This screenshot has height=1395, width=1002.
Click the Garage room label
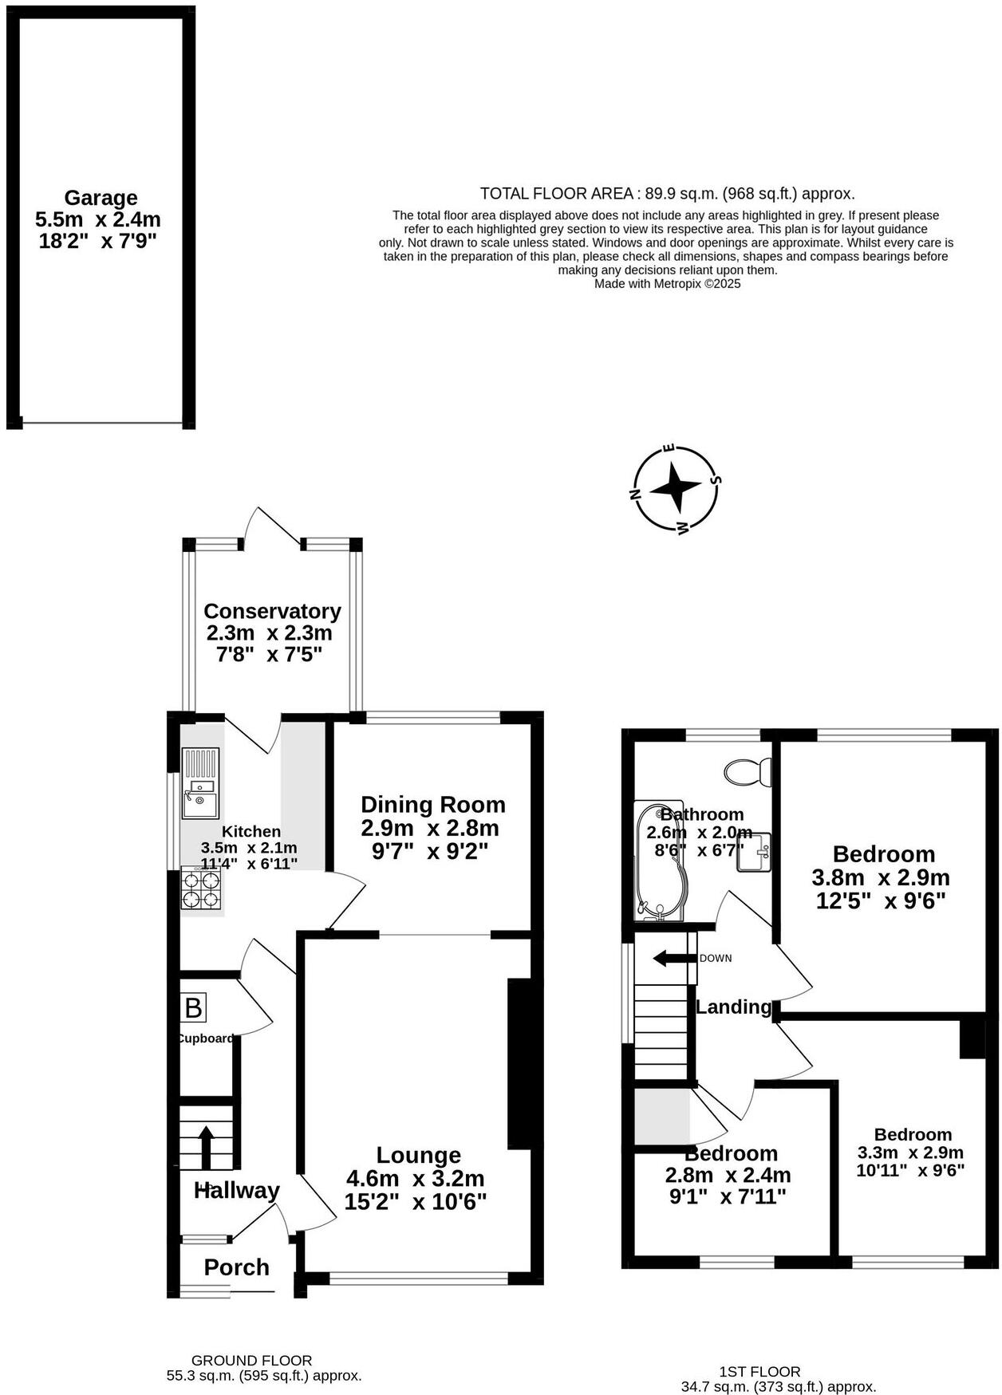(101, 198)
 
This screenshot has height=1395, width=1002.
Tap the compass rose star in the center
(675, 487)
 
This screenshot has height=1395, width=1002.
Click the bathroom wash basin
(754, 853)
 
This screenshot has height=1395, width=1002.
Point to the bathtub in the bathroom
(660, 861)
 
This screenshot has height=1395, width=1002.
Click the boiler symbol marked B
(193, 1008)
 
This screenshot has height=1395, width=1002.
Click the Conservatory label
(272, 611)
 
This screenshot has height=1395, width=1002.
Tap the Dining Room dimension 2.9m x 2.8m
(430, 828)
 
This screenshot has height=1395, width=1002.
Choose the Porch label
(236, 1267)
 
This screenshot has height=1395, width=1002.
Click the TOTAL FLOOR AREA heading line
(667, 193)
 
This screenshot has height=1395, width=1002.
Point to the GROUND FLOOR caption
(251, 1360)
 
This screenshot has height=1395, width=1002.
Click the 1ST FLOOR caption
(759, 1371)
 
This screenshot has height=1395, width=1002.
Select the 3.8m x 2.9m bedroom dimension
(881, 877)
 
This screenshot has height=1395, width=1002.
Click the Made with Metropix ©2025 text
(667, 283)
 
